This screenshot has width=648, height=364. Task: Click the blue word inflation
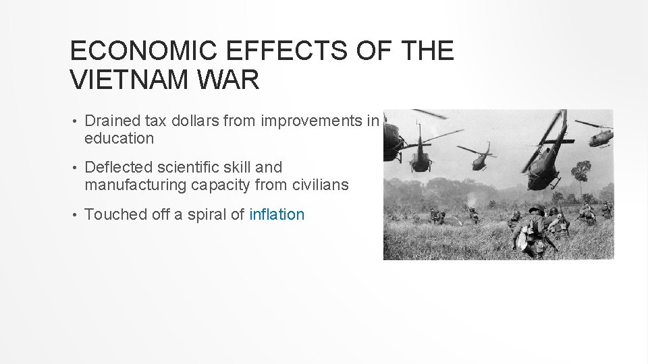(277, 214)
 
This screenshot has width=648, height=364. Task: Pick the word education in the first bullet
(119, 138)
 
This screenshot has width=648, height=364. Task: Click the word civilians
(321, 184)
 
